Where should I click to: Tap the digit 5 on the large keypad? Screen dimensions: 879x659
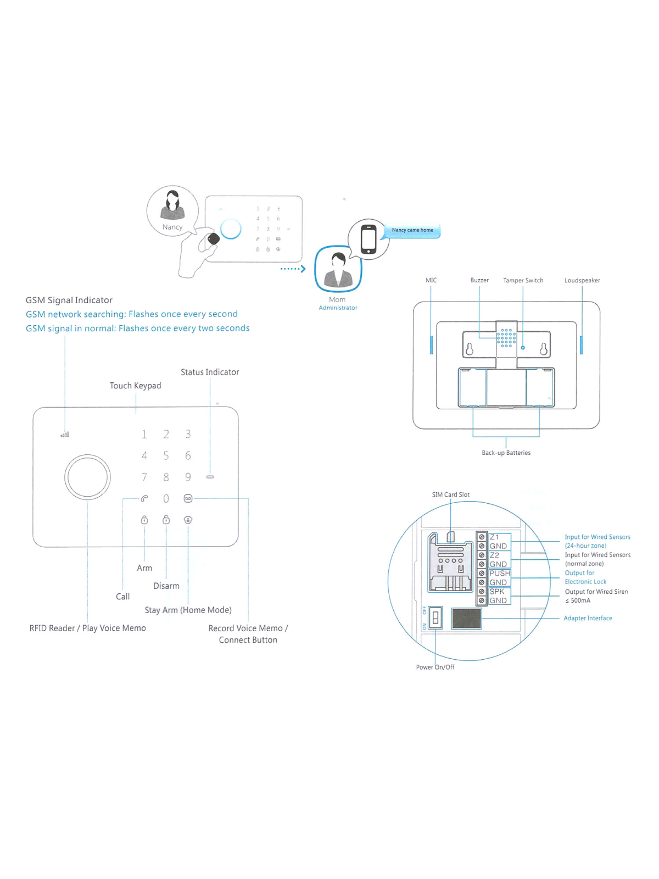click(x=166, y=455)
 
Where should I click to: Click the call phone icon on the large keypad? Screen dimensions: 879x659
click(x=144, y=498)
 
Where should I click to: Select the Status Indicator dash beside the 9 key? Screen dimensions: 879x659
click(x=210, y=477)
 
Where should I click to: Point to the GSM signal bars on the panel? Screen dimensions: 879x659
click(x=65, y=435)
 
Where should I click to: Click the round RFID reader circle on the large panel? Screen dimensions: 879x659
click(x=87, y=477)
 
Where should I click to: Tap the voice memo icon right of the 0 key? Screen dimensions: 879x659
click(x=188, y=498)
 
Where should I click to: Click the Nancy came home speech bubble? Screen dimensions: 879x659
click(x=412, y=230)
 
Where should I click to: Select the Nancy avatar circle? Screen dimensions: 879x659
click(x=172, y=211)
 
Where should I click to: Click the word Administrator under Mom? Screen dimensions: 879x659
click(x=338, y=308)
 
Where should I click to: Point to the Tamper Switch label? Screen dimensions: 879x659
click(x=523, y=280)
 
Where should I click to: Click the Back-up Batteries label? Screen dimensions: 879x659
click(x=506, y=453)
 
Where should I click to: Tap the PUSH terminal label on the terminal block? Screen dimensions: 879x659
click(x=499, y=573)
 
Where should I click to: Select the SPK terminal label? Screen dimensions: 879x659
click(x=497, y=591)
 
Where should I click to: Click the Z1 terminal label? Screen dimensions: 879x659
click(x=494, y=537)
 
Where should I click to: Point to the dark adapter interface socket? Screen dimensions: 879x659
click(x=466, y=619)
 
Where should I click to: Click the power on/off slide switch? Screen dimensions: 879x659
click(x=435, y=618)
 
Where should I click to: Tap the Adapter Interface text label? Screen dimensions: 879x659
click(x=588, y=618)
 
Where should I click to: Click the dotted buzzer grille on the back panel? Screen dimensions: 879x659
click(x=506, y=338)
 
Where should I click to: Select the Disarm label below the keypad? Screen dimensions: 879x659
click(x=166, y=586)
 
